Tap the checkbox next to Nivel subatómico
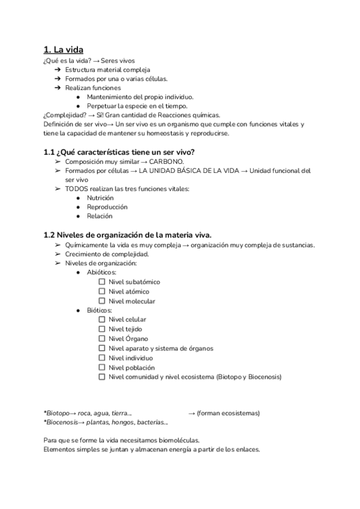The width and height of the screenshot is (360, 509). point(102,282)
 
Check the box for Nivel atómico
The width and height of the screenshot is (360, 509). point(102,291)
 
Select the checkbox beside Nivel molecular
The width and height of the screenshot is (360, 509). point(102,301)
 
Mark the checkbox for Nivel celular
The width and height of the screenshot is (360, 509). point(102,319)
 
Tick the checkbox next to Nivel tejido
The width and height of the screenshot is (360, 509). point(102,329)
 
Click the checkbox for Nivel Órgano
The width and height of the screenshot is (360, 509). point(102,339)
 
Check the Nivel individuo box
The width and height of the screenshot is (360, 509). point(102,358)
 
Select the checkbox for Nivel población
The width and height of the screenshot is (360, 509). point(102,367)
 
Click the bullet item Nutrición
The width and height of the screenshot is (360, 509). point(100,197)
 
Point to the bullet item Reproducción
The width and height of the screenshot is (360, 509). point(107,207)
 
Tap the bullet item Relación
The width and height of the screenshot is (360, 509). point(100,216)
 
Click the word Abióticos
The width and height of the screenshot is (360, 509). point(101,272)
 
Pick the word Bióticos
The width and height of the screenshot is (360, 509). point(100,310)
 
